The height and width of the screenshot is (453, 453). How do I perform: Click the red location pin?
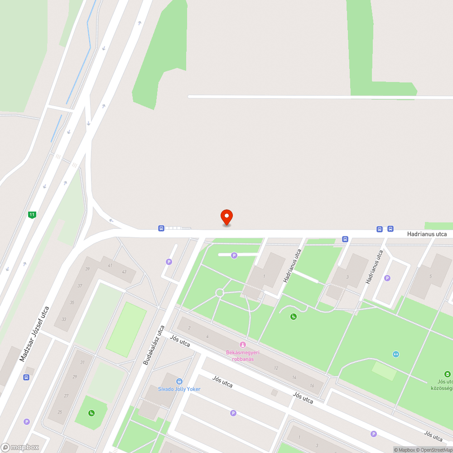226,217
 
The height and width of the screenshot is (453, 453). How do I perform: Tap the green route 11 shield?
32,215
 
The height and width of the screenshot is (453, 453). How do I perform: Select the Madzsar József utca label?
34,334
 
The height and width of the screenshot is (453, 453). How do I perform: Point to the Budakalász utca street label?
154,345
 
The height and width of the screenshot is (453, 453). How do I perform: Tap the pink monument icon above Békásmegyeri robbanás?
242,345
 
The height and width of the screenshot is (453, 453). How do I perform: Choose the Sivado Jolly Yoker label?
179,389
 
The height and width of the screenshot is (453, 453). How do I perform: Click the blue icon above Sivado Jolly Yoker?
179,381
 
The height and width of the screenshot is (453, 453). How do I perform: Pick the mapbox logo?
20,447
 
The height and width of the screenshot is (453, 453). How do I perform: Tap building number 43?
124,271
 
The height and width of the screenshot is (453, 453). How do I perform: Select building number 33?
64,319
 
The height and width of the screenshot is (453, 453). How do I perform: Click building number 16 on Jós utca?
312,385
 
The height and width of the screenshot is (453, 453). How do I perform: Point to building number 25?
60,412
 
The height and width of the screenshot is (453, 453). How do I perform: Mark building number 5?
431,276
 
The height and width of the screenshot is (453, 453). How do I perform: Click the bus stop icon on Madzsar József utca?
27,377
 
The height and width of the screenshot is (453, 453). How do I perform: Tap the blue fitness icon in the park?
396,354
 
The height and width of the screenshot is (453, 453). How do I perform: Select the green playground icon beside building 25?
92,412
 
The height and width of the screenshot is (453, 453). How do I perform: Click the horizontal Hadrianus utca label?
427,234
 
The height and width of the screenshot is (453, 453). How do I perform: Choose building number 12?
276,368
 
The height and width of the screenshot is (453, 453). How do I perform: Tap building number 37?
80,285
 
